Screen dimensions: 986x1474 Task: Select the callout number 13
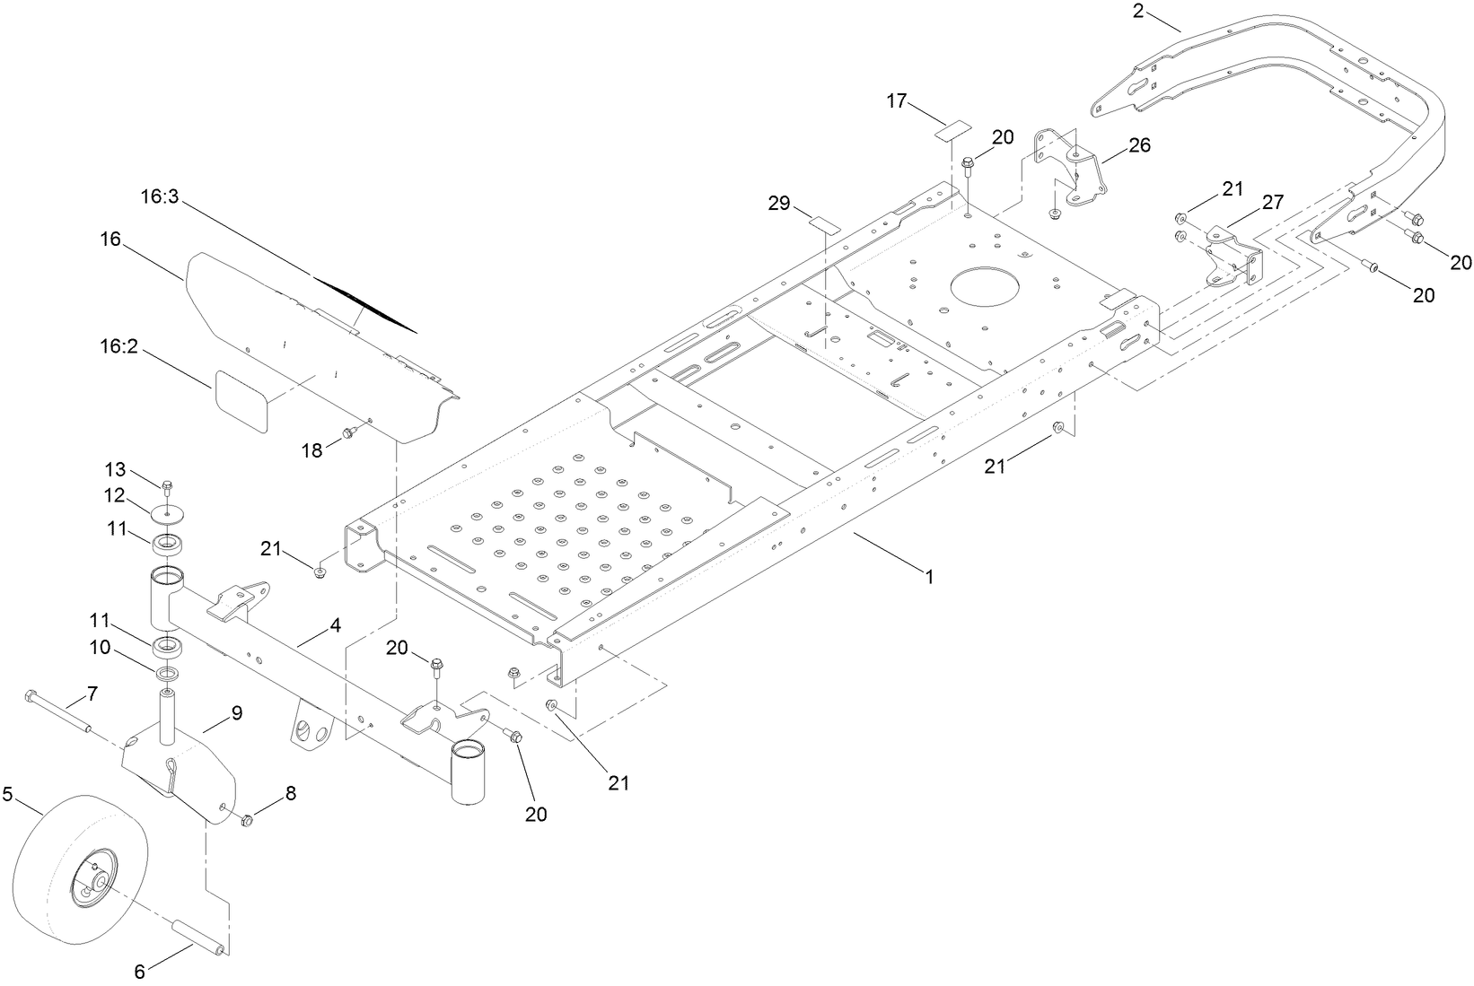click(116, 468)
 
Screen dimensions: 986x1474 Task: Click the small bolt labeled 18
click(349, 434)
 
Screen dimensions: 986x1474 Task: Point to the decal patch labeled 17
click(952, 130)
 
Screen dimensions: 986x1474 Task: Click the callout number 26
click(1140, 144)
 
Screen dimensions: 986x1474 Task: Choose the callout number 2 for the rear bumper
click(1138, 11)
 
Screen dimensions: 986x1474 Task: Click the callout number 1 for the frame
click(930, 577)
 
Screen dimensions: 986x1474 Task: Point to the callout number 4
click(334, 625)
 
